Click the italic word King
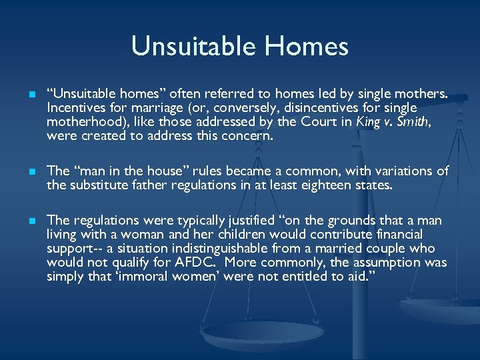point(369,121)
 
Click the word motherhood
point(84,121)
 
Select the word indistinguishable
point(188,248)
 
